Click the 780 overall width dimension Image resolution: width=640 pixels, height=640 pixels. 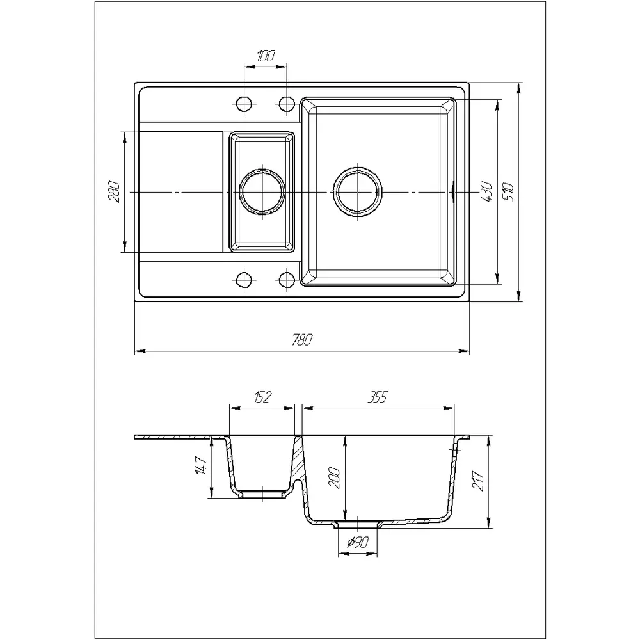pos(302,340)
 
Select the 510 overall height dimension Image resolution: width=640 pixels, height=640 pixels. pos(509,192)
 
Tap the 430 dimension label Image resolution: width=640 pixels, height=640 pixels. pos(486,192)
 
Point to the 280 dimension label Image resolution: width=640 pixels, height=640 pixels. pos(114,191)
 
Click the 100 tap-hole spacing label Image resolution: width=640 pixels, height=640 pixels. pos(266,56)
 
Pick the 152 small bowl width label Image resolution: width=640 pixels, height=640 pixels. pos(262,397)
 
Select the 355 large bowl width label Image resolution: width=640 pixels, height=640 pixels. pos(378,397)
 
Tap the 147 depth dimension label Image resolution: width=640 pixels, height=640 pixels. pos(201,465)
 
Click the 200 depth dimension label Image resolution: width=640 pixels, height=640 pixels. pos(334,477)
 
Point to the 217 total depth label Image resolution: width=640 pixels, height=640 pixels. pos(478,481)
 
